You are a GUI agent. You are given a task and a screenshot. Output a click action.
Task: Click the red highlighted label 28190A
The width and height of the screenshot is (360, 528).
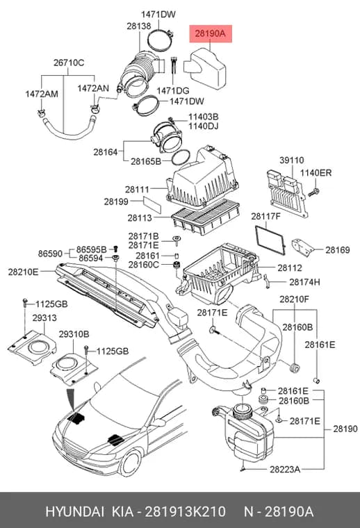click(x=210, y=33)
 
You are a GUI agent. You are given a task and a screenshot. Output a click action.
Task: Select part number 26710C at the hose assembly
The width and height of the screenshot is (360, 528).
click(x=69, y=63)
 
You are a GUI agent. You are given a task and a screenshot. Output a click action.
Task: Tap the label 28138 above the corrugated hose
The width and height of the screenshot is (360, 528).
click(x=139, y=26)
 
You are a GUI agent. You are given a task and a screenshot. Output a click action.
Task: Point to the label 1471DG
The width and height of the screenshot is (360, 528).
click(x=173, y=90)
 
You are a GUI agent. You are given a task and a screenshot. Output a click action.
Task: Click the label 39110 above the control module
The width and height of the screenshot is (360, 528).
click(x=292, y=160)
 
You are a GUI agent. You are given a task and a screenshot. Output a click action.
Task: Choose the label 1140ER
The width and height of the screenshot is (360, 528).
click(x=316, y=173)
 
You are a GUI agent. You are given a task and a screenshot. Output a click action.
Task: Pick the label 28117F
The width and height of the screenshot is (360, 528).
click(x=265, y=216)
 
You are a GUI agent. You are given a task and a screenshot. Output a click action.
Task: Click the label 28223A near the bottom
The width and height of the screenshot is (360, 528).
click(x=284, y=469)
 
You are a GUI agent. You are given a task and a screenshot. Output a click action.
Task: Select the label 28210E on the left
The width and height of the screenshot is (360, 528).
click(x=23, y=272)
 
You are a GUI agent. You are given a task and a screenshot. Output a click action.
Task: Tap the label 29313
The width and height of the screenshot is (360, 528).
click(x=44, y=318)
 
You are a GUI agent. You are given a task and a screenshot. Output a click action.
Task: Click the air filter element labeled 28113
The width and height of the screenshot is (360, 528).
click(x=206, y=217)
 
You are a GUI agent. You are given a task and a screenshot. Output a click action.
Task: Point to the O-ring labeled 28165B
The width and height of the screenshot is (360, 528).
click(x=181, y=158)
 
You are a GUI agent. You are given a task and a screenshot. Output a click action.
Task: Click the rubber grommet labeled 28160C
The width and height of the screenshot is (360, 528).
click(x=175, y=265)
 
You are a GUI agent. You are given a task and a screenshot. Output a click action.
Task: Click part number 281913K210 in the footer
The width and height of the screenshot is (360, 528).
click(x=185, y=511)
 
